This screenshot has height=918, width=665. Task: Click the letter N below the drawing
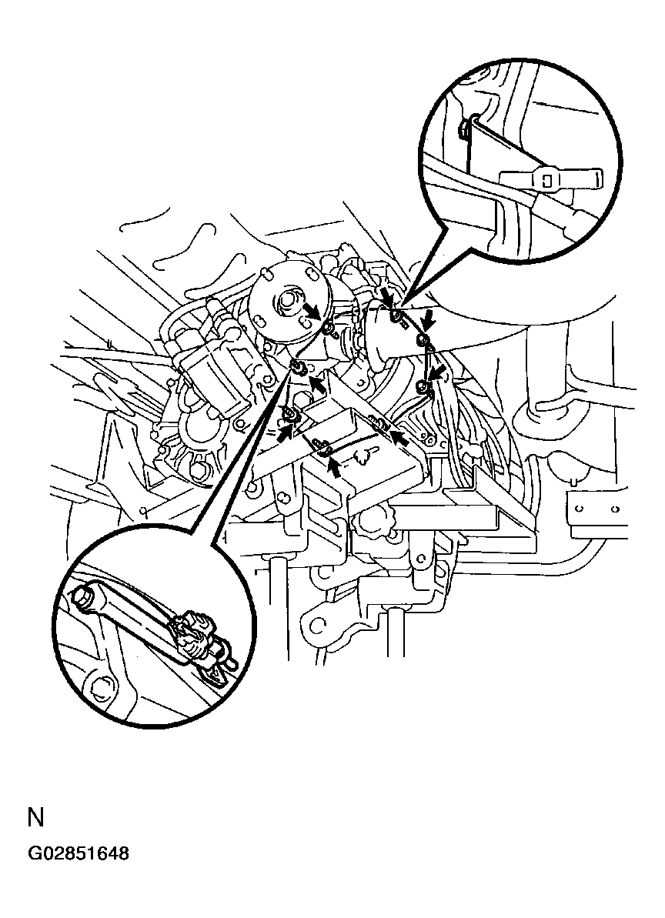coord(35,817)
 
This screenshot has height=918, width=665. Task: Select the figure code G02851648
coord(79,854)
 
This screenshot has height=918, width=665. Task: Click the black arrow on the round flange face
coord(312,312)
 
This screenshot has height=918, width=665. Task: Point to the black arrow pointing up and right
coord(285,432)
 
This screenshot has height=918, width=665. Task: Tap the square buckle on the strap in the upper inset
coord(546,179)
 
